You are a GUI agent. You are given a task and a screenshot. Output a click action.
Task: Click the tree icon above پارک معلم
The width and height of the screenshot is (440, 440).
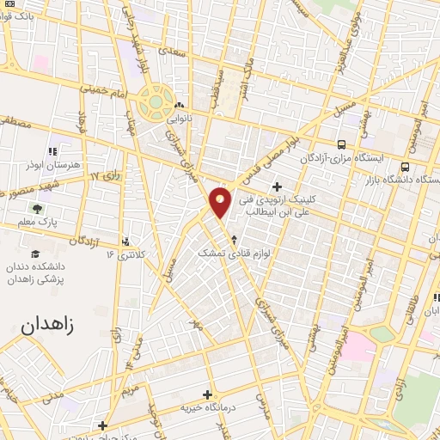click(36, 209)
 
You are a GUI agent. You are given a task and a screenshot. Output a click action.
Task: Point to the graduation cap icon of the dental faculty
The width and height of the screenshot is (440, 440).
click(36, 254)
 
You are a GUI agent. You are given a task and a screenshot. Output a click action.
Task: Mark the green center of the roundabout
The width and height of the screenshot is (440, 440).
click(156, 102)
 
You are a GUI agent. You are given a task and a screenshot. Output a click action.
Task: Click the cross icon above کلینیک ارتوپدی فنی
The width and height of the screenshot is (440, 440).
click(277, 186)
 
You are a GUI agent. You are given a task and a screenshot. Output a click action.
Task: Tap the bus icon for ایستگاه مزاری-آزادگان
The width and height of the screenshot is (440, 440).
click(342, 145)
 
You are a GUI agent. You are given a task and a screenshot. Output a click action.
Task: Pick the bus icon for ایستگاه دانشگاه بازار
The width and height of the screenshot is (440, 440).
click(405, 166)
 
